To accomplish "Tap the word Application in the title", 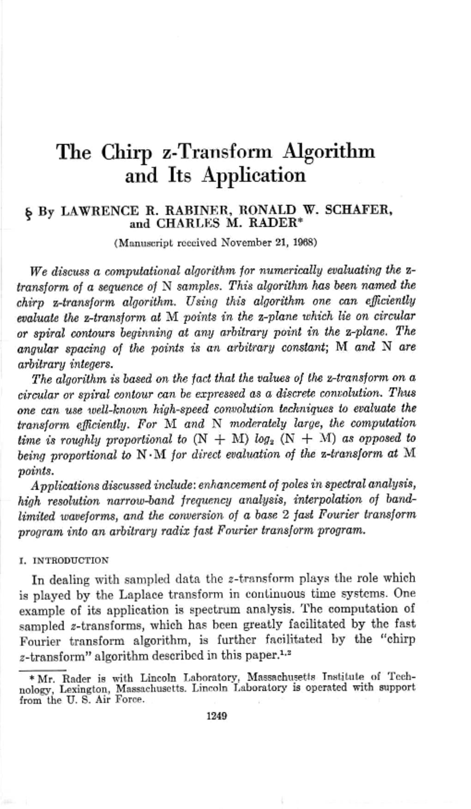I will [x=254, y=176].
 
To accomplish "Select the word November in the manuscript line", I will [x=245, y=243].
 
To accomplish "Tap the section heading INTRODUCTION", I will [x=71, y=560].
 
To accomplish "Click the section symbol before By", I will [x=28, y=214].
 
